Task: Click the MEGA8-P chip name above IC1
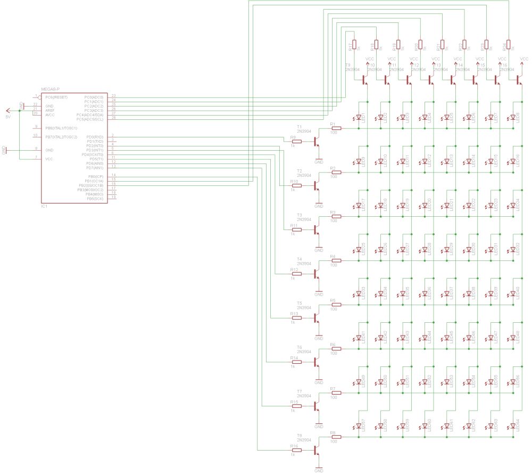pyautogui.click(x=50, y=88)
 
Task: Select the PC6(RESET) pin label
pyautogui.click(x=56, y=97)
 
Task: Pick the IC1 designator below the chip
pyautogui.click(x=44, y=206)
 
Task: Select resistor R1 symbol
pyautogui.click(x=336, y=128)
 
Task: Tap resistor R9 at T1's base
pyautogui.click(x=296, y=142)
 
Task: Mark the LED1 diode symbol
pyautogui.click(x=359, y=117)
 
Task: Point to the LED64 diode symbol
pyautogui.click(x=513, y=426)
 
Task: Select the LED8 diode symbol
pyautogui.click(x=513, y=117)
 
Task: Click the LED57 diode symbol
pyautogui.click(x=359, y=426)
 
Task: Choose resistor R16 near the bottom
pyautogui.click(x=296, y=451)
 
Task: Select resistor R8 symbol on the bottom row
pyautogui.click(x=336, y=437)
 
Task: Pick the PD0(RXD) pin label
pyautogui.click(x=96, y=137)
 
